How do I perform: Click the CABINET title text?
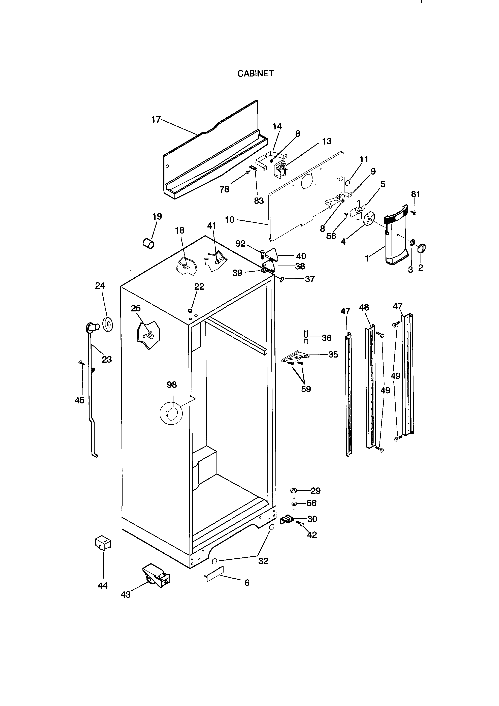click(x=255, y=73)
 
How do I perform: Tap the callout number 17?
click(x=156, y=120)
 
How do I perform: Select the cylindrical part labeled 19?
click(x=149, y=244)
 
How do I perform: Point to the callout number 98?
click(x=172, y=385)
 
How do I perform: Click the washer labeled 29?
click(x=293, y=490)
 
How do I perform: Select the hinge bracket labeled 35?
click(x=295, y=357)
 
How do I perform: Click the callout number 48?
click(x=364, y=307)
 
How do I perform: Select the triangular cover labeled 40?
click(x=272, y=254)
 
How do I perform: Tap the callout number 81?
click(x=415, y=194)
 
